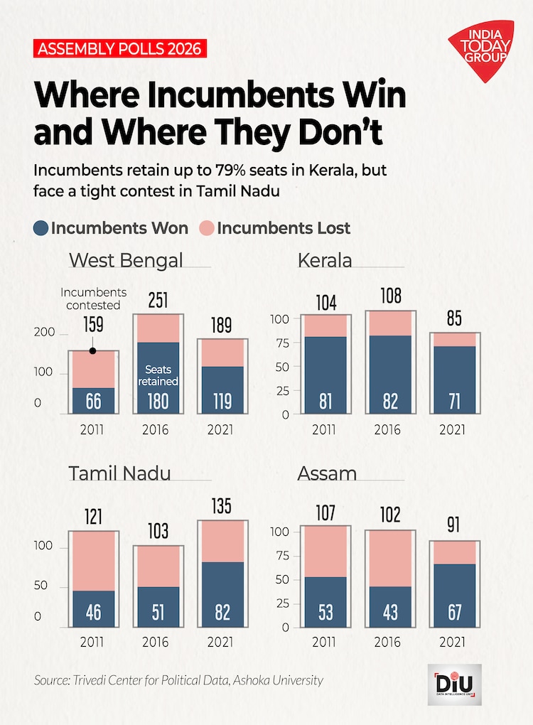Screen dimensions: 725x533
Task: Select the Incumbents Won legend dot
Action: (x=41, y=228)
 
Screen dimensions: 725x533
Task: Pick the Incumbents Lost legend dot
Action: (x=206, y=228)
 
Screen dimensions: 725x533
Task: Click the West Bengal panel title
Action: (x=125, y=260)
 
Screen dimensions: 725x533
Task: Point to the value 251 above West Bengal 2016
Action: (x=158, y=300)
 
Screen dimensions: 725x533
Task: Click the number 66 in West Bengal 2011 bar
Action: (x=93, y=401)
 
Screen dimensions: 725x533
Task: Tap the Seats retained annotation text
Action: (x=158, y=375)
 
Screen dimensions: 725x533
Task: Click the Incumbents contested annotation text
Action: (x=93, y=298)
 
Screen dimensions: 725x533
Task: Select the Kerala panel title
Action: (x=325, y=260)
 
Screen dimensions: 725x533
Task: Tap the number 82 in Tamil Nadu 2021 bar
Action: (x=222, y=611)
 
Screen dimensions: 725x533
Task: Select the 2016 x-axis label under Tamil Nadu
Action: (x=156, y=643)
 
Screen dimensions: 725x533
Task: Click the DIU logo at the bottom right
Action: (x=454, y=684)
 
